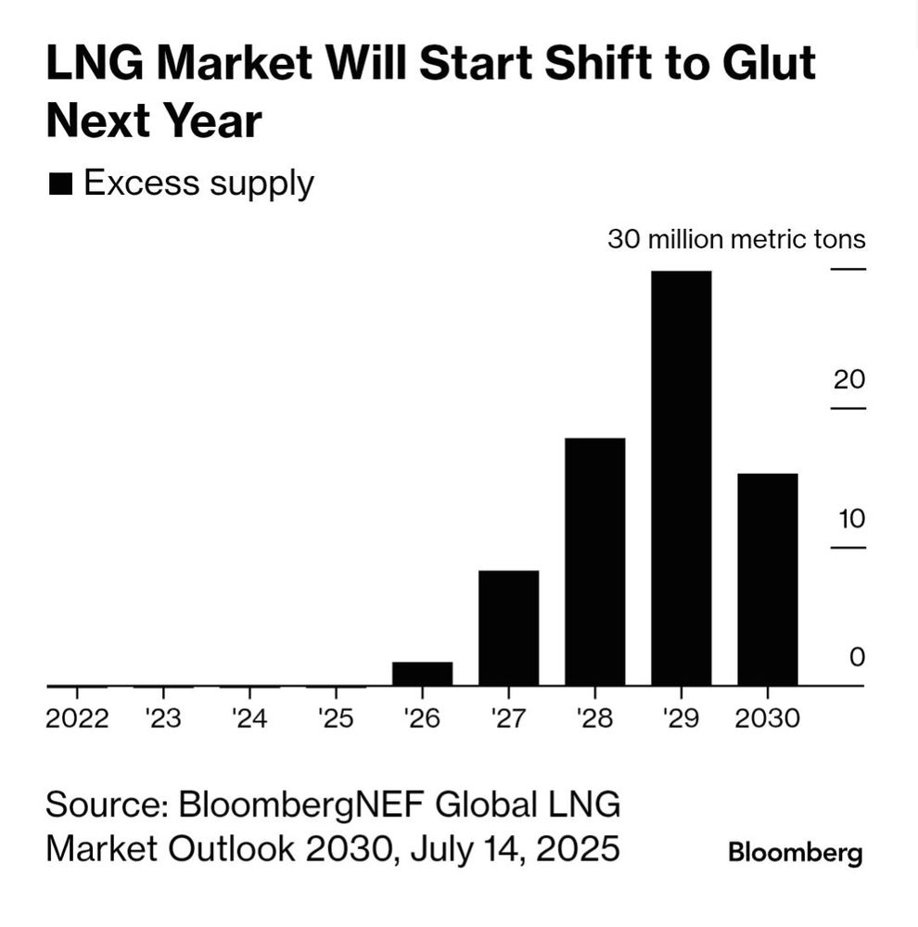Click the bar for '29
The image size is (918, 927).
click(x=681, y=478)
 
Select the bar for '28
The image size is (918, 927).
click(x=594, y=562)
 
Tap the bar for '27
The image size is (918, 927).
click(x=508, y=628)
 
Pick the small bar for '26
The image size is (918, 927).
click(x=422, y=674)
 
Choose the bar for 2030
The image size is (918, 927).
click(x=767, y=579)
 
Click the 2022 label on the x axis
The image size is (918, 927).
click(x=77, y=718)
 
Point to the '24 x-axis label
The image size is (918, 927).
click(x=249, y=718)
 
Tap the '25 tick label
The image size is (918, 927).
click(x=336, y=718)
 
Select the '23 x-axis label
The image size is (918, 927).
click(x=163, y=718)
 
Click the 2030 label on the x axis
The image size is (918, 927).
click(x=767, y=718)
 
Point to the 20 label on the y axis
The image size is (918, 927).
click(x=848, y=379)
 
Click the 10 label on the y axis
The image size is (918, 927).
click(x=850, y=518)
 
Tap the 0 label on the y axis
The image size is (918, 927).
click(x=856, y=657)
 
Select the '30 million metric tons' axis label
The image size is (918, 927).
click(x=736, y=239)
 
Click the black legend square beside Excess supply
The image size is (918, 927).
click(x=61, y=184)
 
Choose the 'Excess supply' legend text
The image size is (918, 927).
click(x=198, y=184)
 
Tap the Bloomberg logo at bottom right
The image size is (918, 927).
click(x=795, y=853)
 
